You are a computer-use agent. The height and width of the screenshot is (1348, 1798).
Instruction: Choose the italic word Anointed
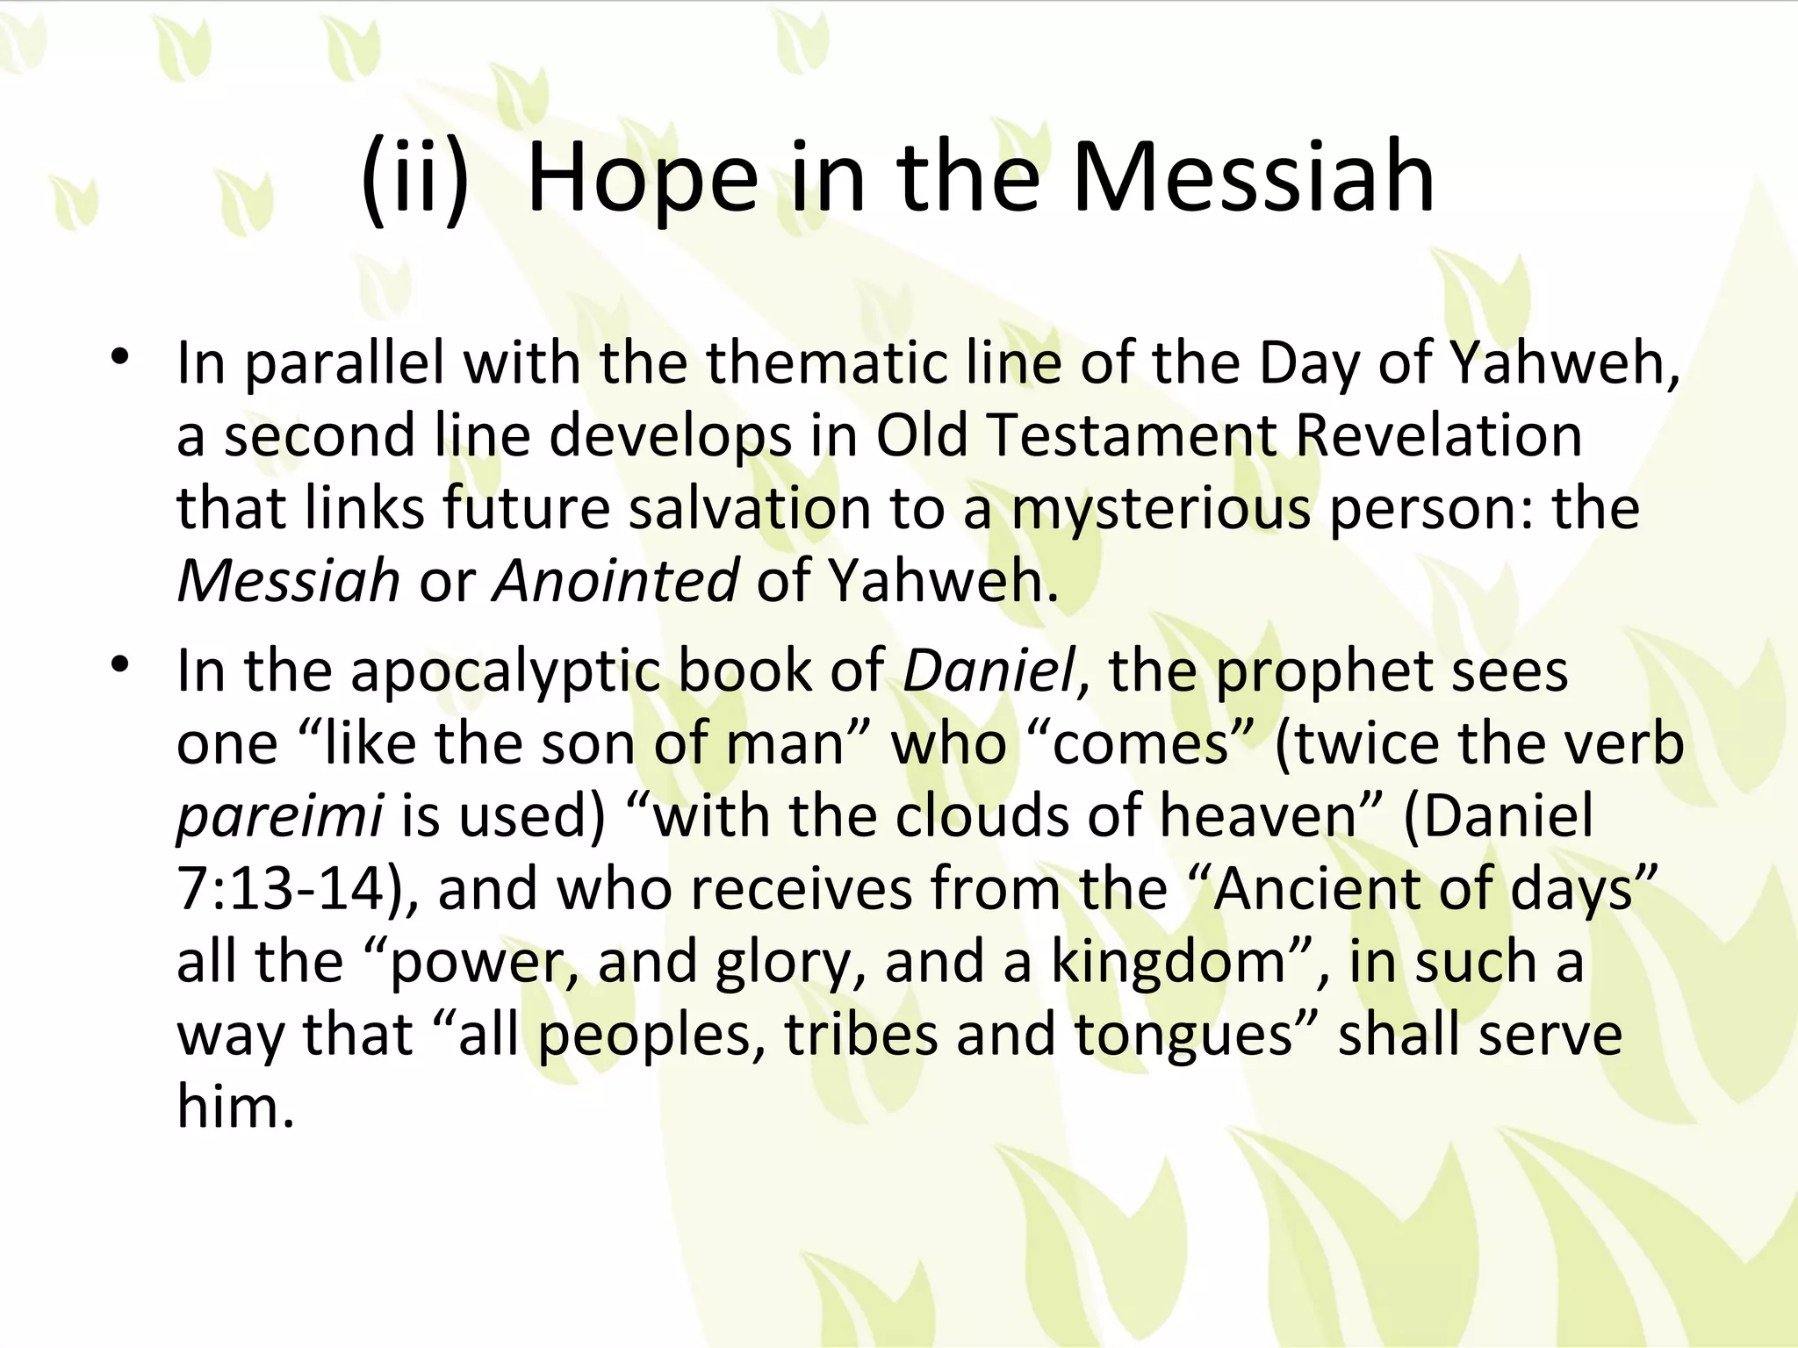[615, 581]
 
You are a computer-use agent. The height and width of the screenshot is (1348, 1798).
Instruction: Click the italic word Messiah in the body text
[288, 581]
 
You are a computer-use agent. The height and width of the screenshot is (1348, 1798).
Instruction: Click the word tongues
[1183, 1035]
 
